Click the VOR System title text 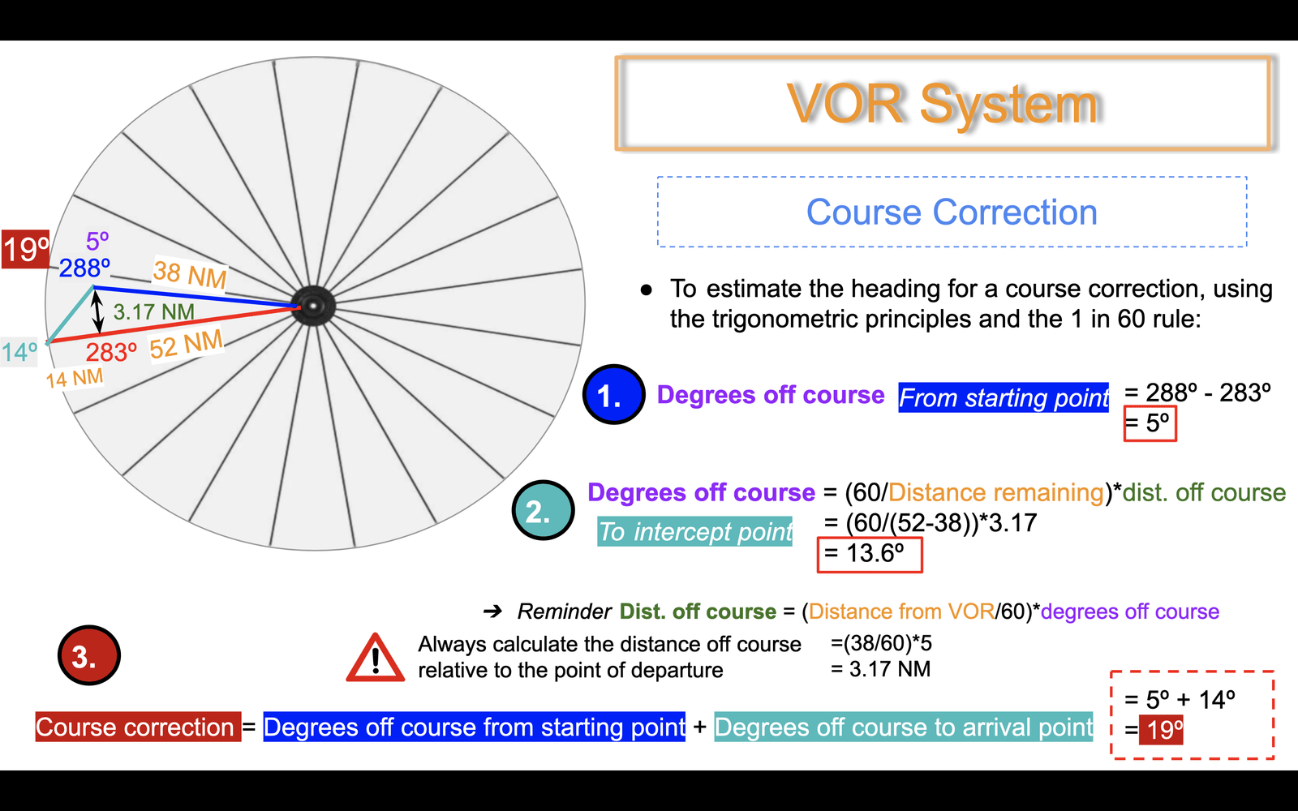[943, 105]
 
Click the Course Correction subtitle [952, 212]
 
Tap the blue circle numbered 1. [613, 394]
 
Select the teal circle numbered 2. [543, 510]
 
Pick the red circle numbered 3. [88, 655]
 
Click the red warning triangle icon [376, 658]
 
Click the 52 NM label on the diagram [186, 345]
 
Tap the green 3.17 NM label [153, 312]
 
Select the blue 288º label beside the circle [84, 268]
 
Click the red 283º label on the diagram [111, 352]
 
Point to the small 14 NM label [75, 379]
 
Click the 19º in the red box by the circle [25, 249]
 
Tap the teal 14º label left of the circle [19, 352]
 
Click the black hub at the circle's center [313, 306]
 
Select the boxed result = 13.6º [870, 555]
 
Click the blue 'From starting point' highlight [1004, 397]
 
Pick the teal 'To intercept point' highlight [694, 531]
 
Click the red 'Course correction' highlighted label [138, 727]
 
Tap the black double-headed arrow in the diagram [98, 311]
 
